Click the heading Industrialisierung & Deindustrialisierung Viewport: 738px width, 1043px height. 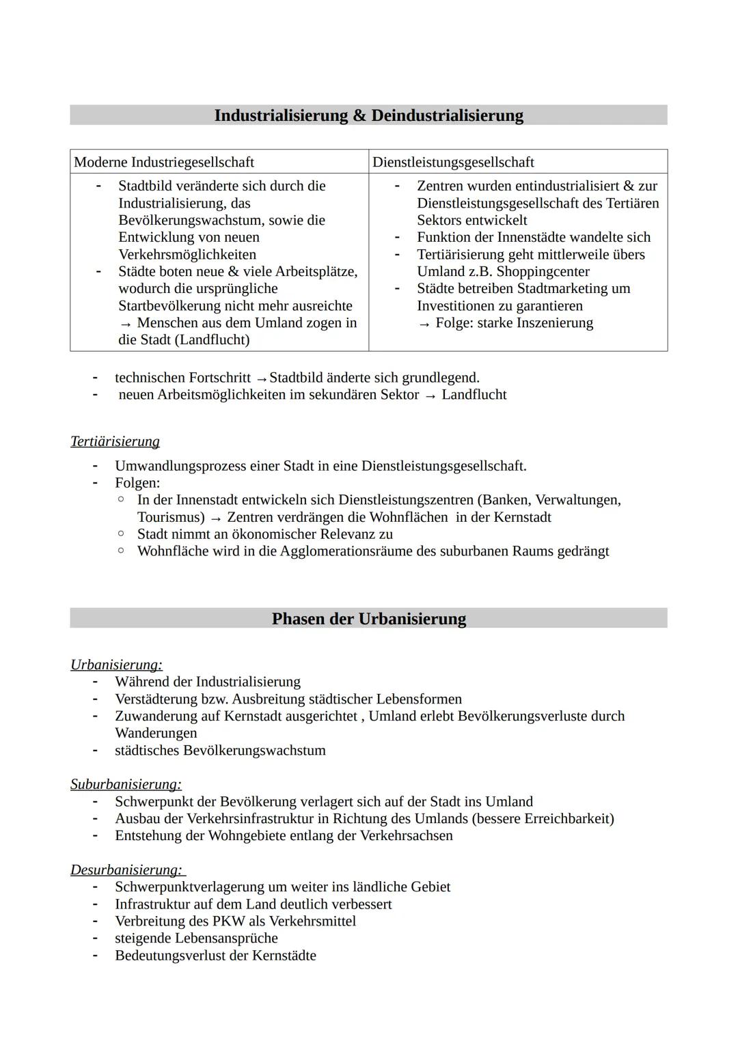click(x=368, y=115)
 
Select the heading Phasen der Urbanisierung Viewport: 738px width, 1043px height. click(x=368, y=619)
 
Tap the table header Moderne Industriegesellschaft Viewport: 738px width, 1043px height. click(x=164, y=162)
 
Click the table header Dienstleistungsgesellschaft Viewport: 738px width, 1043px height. click(x=453, y=162)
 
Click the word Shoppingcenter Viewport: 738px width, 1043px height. click(x=543, y=272)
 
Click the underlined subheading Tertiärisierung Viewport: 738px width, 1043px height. click(x=115, y=442)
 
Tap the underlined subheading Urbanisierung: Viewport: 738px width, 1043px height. click(x=116, y=665)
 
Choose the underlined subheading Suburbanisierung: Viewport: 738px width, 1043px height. click(x=126, y=784)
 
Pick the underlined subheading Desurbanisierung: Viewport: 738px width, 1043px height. click(x=126, y=870)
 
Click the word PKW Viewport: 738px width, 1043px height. click(x=229, y=921)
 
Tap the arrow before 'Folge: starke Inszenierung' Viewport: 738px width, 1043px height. click(x=424, y=324)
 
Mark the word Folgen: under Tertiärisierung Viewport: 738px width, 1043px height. click(x=137, y=483)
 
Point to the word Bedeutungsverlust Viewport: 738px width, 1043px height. click(x=170, y=956)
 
